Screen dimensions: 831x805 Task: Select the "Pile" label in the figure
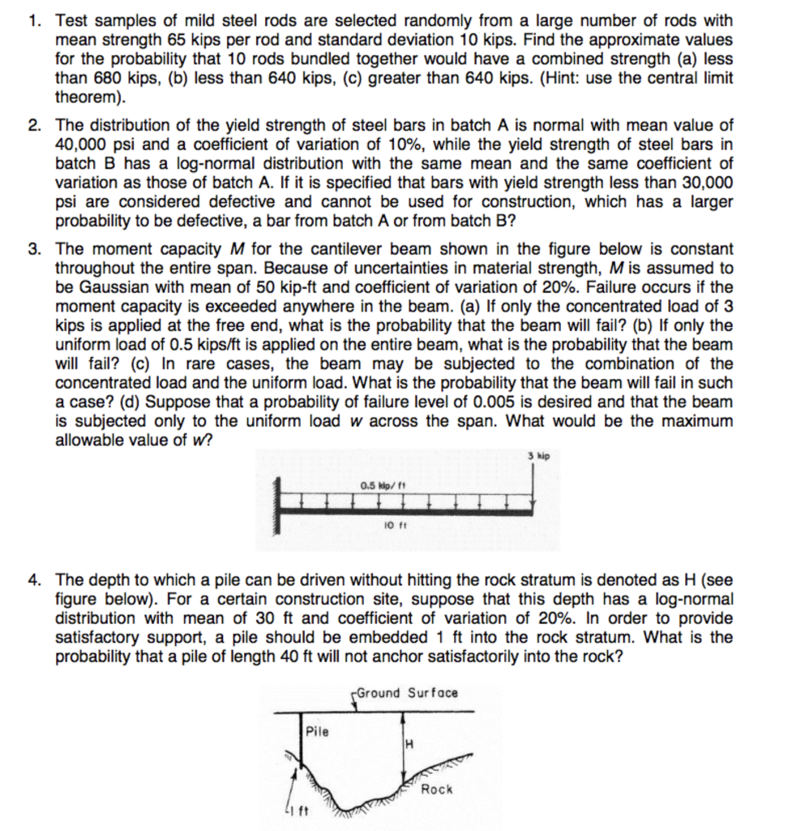(318, 731)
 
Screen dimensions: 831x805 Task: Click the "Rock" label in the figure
(438, 789)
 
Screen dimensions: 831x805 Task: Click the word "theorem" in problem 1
(87, 97)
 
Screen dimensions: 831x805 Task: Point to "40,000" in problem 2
(82, 144)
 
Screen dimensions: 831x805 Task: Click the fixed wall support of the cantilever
(283, 509)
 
